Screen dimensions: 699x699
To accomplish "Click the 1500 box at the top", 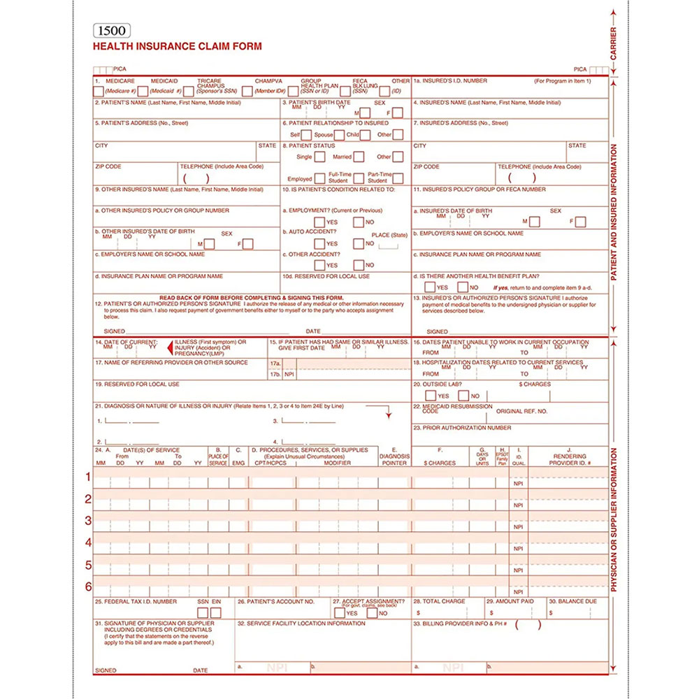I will click(x=111, y=31).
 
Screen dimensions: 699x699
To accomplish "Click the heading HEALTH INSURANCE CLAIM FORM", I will click(x=178, y=47).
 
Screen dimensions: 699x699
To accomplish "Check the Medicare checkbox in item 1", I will click(x=99, y=91).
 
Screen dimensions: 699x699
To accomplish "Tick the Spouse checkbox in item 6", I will click(x=340, y=134).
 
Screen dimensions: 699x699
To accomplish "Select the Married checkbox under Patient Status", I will click(x=358, y=157).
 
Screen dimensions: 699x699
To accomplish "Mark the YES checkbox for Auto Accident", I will click(x=319, y=243).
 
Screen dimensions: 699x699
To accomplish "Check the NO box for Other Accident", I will click(x=359, y=265).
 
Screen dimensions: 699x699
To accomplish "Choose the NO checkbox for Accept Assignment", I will click(x=372, y=613).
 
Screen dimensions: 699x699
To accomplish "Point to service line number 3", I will click(x=89, y=521).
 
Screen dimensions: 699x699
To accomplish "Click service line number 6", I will click(x=89, y=586).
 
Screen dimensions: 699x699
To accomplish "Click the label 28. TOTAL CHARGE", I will click(x=439, y=601).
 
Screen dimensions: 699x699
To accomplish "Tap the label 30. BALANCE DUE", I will click(x=572, y=601).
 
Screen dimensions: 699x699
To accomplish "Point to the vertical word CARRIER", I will click(x=613, y=42).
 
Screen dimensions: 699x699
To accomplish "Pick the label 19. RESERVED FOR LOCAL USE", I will click(x=137, y=384).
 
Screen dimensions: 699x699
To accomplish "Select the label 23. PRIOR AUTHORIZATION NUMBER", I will click(x=462, y=428).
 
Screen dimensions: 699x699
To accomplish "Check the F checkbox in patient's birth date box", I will click(x=397, y=113).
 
